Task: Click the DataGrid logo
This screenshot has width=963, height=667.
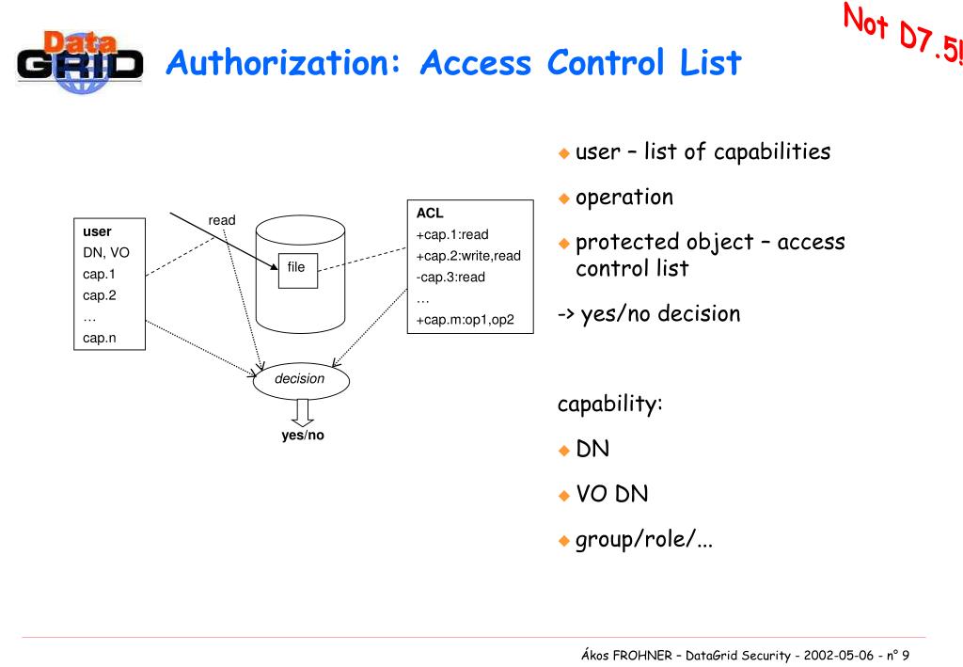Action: click(81, 63)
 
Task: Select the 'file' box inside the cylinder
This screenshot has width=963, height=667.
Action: click(296, 268)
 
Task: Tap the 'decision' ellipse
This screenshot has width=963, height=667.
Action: click(300, 379)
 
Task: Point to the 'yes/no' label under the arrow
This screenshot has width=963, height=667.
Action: click(303, 436)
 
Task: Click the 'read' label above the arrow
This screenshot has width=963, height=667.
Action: click(222, 220)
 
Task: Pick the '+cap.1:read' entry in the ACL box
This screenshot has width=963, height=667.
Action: click(452, 234)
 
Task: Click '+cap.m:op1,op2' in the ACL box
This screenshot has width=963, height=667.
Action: click(466, 320)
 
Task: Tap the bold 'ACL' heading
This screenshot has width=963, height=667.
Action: click(430, 214)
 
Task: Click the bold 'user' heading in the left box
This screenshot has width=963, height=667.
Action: click(97, 231)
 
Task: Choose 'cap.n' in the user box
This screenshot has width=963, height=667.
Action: click(100, 338)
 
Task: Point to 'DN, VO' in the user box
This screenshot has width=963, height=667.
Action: click(106, 253)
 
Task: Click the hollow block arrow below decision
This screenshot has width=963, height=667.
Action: click(302, 411)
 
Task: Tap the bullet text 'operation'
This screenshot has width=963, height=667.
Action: click(624, 198)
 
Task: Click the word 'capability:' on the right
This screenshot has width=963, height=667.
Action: click(610, 405)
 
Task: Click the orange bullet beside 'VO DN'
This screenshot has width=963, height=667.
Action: click(564, 496)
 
